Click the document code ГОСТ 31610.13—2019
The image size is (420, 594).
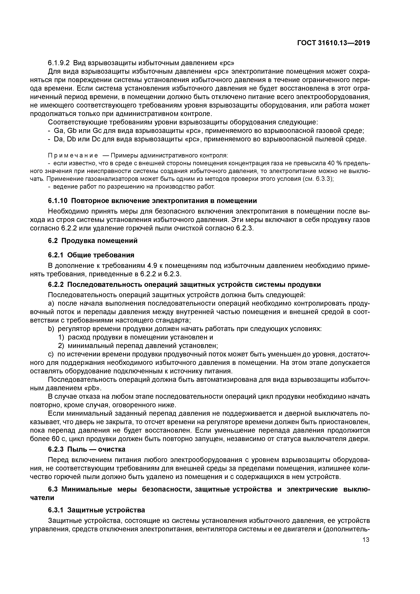pos(333,43)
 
